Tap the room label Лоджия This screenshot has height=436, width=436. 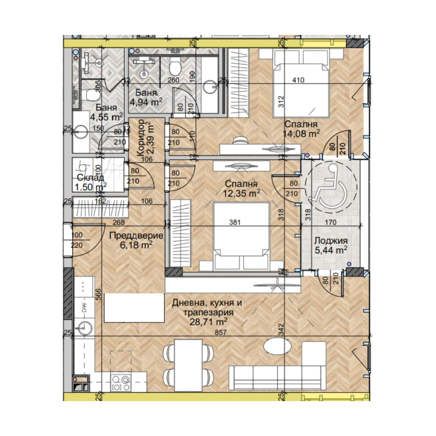[331, 241]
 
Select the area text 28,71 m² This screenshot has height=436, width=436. [208, 322]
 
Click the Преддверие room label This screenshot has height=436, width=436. [136, 235]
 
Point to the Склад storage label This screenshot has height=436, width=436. [90, 178]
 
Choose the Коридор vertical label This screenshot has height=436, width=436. [141, 138]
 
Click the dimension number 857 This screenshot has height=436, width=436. [221, 332]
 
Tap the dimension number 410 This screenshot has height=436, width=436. [298, 80]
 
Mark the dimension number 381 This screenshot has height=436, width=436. [235, 222]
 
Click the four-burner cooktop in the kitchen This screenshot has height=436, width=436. [120, 383]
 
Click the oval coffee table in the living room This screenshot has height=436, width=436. [278, 346]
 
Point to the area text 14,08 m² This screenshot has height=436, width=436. [301, 134]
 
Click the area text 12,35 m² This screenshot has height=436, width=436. [242, 193]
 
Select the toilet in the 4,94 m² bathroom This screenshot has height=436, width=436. [175, 66]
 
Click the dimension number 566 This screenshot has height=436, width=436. [98, 295]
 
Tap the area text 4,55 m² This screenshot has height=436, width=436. [106, 117]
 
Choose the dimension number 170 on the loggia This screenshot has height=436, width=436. [330, 222]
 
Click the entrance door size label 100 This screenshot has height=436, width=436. [77, 235]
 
